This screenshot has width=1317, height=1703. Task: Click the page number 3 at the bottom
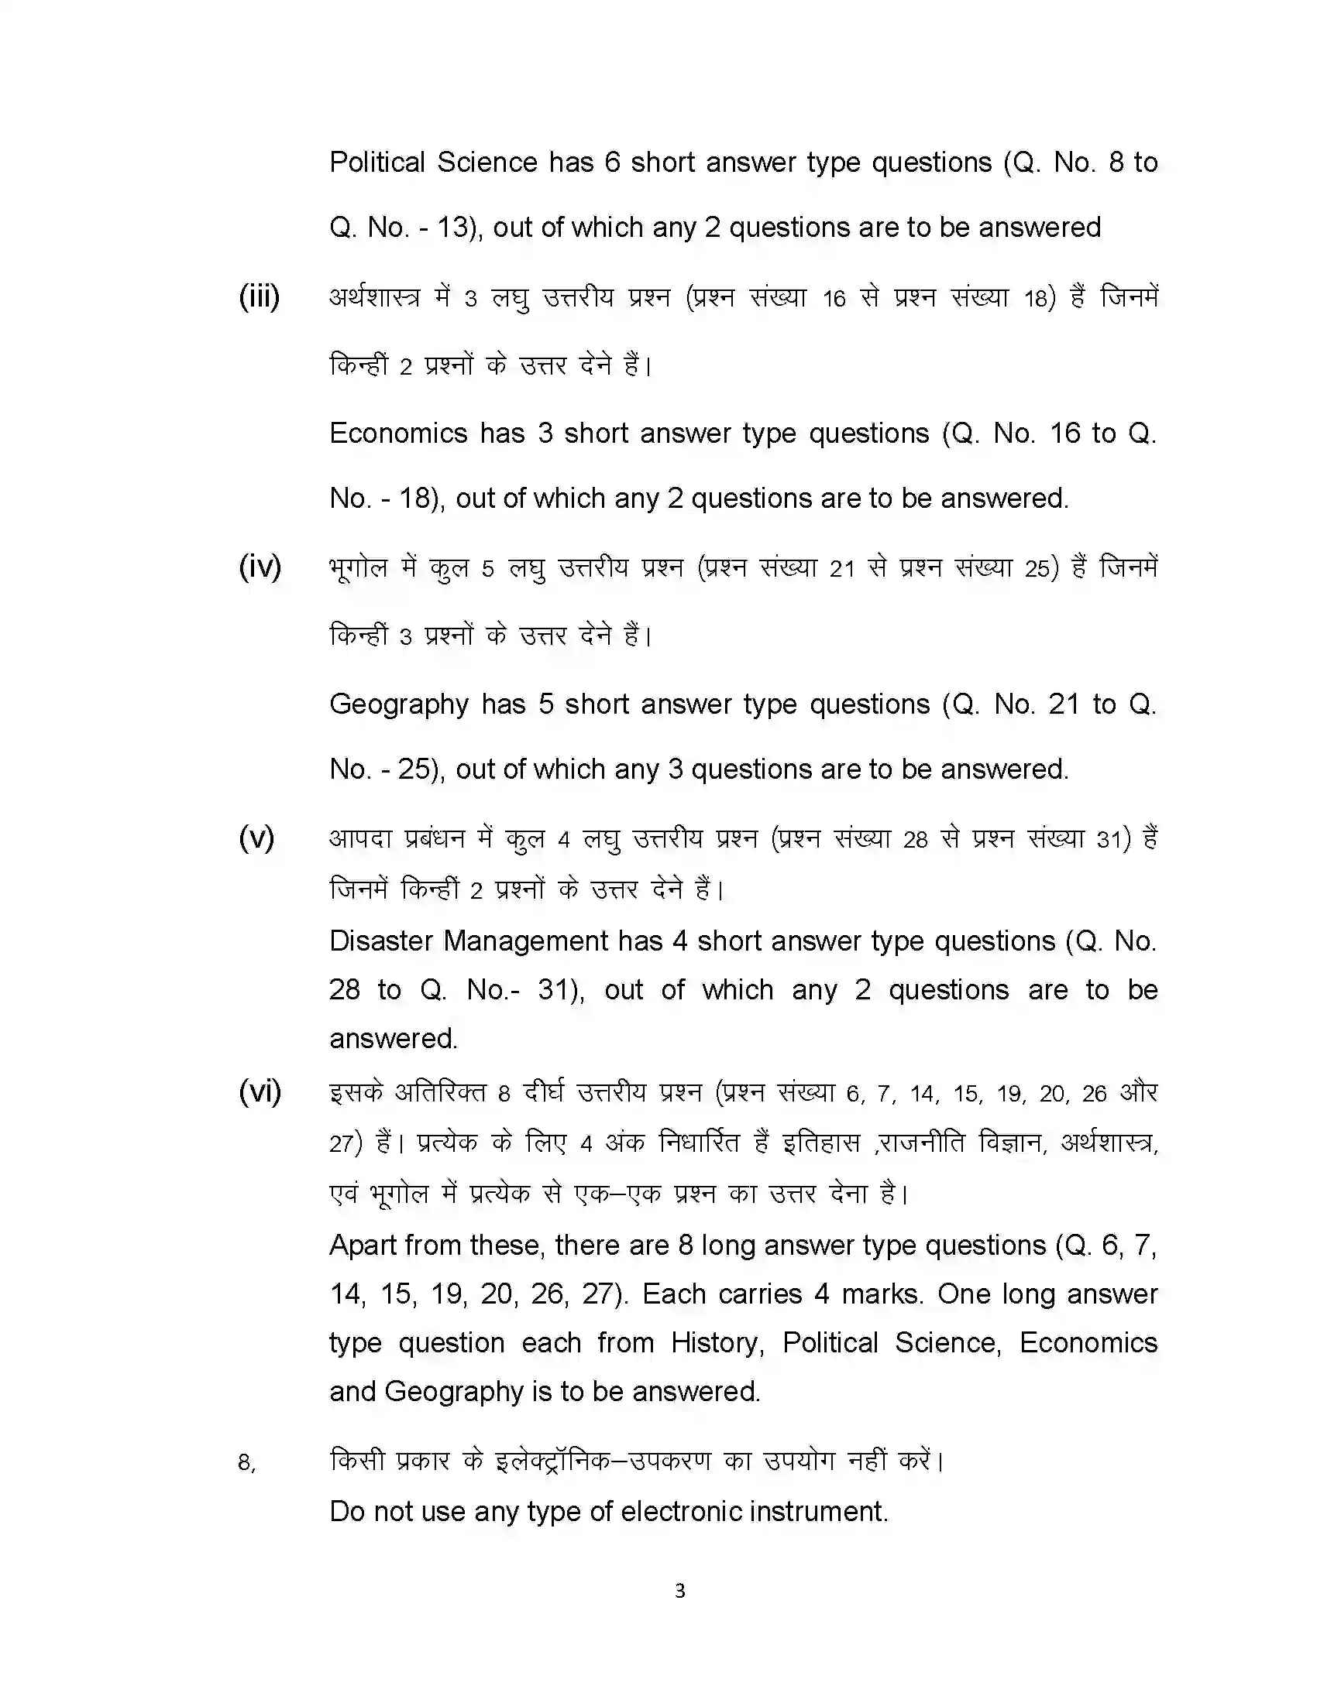[679, 1591]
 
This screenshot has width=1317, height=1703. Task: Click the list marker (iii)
[259, 297]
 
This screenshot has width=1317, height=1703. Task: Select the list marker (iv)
[260, 567]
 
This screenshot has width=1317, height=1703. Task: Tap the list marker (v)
[256, 838]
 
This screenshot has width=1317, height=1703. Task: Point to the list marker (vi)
[260, 1091]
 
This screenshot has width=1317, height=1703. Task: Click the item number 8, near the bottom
[246, 1463]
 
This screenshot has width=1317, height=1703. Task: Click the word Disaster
[380, 941]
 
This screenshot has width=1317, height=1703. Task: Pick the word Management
[525, 941]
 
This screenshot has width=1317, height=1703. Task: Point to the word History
[717, 1344]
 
